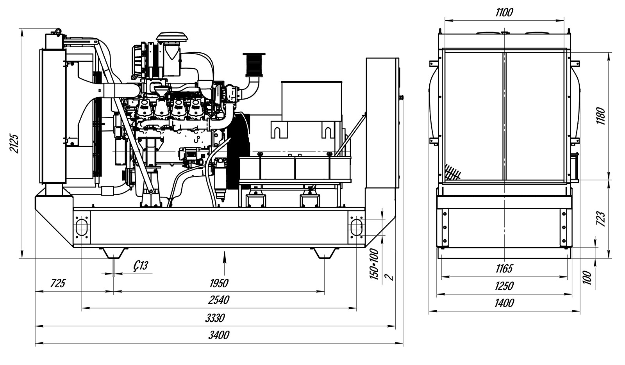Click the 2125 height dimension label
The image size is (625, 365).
click(x=14, y=144)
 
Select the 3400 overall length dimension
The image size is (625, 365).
click(x=219, y=335)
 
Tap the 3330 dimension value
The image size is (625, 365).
click(x=215, y=318)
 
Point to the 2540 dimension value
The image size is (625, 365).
click(x=219, y=300)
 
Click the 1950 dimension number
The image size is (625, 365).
click(x=219, y=283)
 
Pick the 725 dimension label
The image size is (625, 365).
click(x=58, y=283)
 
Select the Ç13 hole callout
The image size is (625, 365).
click(x=140, y=266)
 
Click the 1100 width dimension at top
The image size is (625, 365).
click(x=504, y=12)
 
